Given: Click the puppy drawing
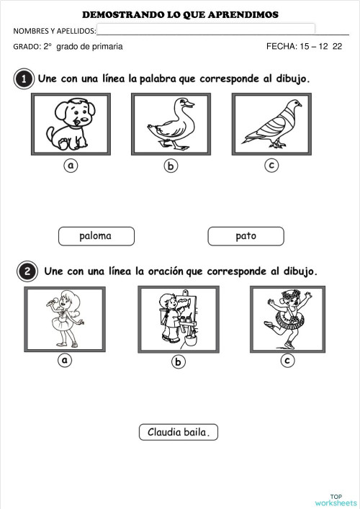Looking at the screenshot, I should (71, 124).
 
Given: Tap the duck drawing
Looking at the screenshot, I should (171, 124).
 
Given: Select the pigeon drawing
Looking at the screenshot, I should (271, 124).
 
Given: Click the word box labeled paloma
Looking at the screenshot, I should (95, 235).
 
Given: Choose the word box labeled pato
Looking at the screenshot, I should (246, 235).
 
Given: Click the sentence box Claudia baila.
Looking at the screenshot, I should (178, 432).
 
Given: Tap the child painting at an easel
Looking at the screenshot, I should (177, 320).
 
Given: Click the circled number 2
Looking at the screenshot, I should (26, 272).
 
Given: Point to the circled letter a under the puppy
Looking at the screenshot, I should (71, 166).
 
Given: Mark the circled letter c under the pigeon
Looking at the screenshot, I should (271, 166).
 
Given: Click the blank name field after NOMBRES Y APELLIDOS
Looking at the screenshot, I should (206, 30).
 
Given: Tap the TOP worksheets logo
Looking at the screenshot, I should (336, 500).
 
